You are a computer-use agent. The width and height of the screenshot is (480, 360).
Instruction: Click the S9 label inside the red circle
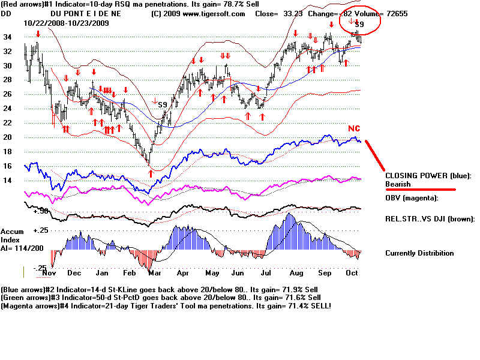click(x=359, y=24)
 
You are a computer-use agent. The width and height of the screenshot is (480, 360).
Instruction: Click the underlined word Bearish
click(x=398, y=184)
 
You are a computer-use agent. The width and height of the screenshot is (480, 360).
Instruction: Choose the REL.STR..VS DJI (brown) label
click(x=430, y=219)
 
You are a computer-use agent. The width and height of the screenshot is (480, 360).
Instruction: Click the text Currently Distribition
click(x=419, y=253)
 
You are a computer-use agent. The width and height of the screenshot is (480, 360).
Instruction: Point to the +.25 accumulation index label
click(x=40, y=230)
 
